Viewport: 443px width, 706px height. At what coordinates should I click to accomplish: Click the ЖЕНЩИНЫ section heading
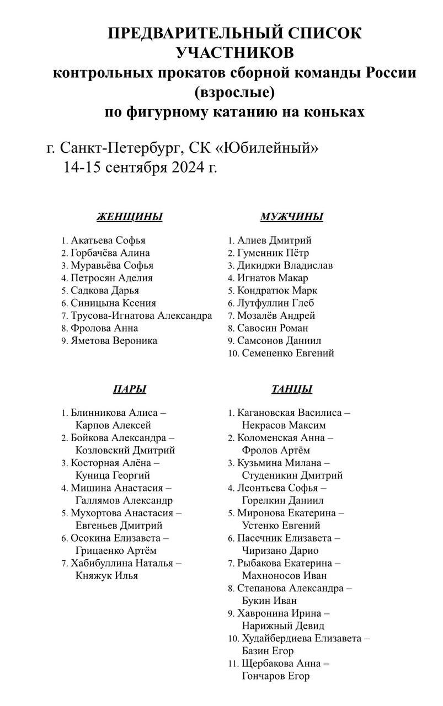(x=130, y=217)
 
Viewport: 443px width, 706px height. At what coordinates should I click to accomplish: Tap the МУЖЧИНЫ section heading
(x=291, y=217)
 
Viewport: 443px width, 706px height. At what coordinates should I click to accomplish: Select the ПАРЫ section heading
(x=130, y=389)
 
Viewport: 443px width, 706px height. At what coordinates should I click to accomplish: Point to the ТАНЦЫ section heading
(x=292, y=389)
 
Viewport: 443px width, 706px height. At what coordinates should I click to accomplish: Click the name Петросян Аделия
(x=111, y=278)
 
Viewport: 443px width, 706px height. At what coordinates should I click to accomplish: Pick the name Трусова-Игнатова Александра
(x=141, y=315)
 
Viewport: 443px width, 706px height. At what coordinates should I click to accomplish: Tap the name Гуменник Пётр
(x=273, y=253)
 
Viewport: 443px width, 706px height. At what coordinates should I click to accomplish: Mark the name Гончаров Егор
(x=275, y=676)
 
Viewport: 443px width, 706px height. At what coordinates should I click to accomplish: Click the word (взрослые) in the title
(x=234, y=91)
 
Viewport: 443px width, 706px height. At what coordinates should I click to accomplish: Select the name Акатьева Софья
(x=108, y=240)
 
